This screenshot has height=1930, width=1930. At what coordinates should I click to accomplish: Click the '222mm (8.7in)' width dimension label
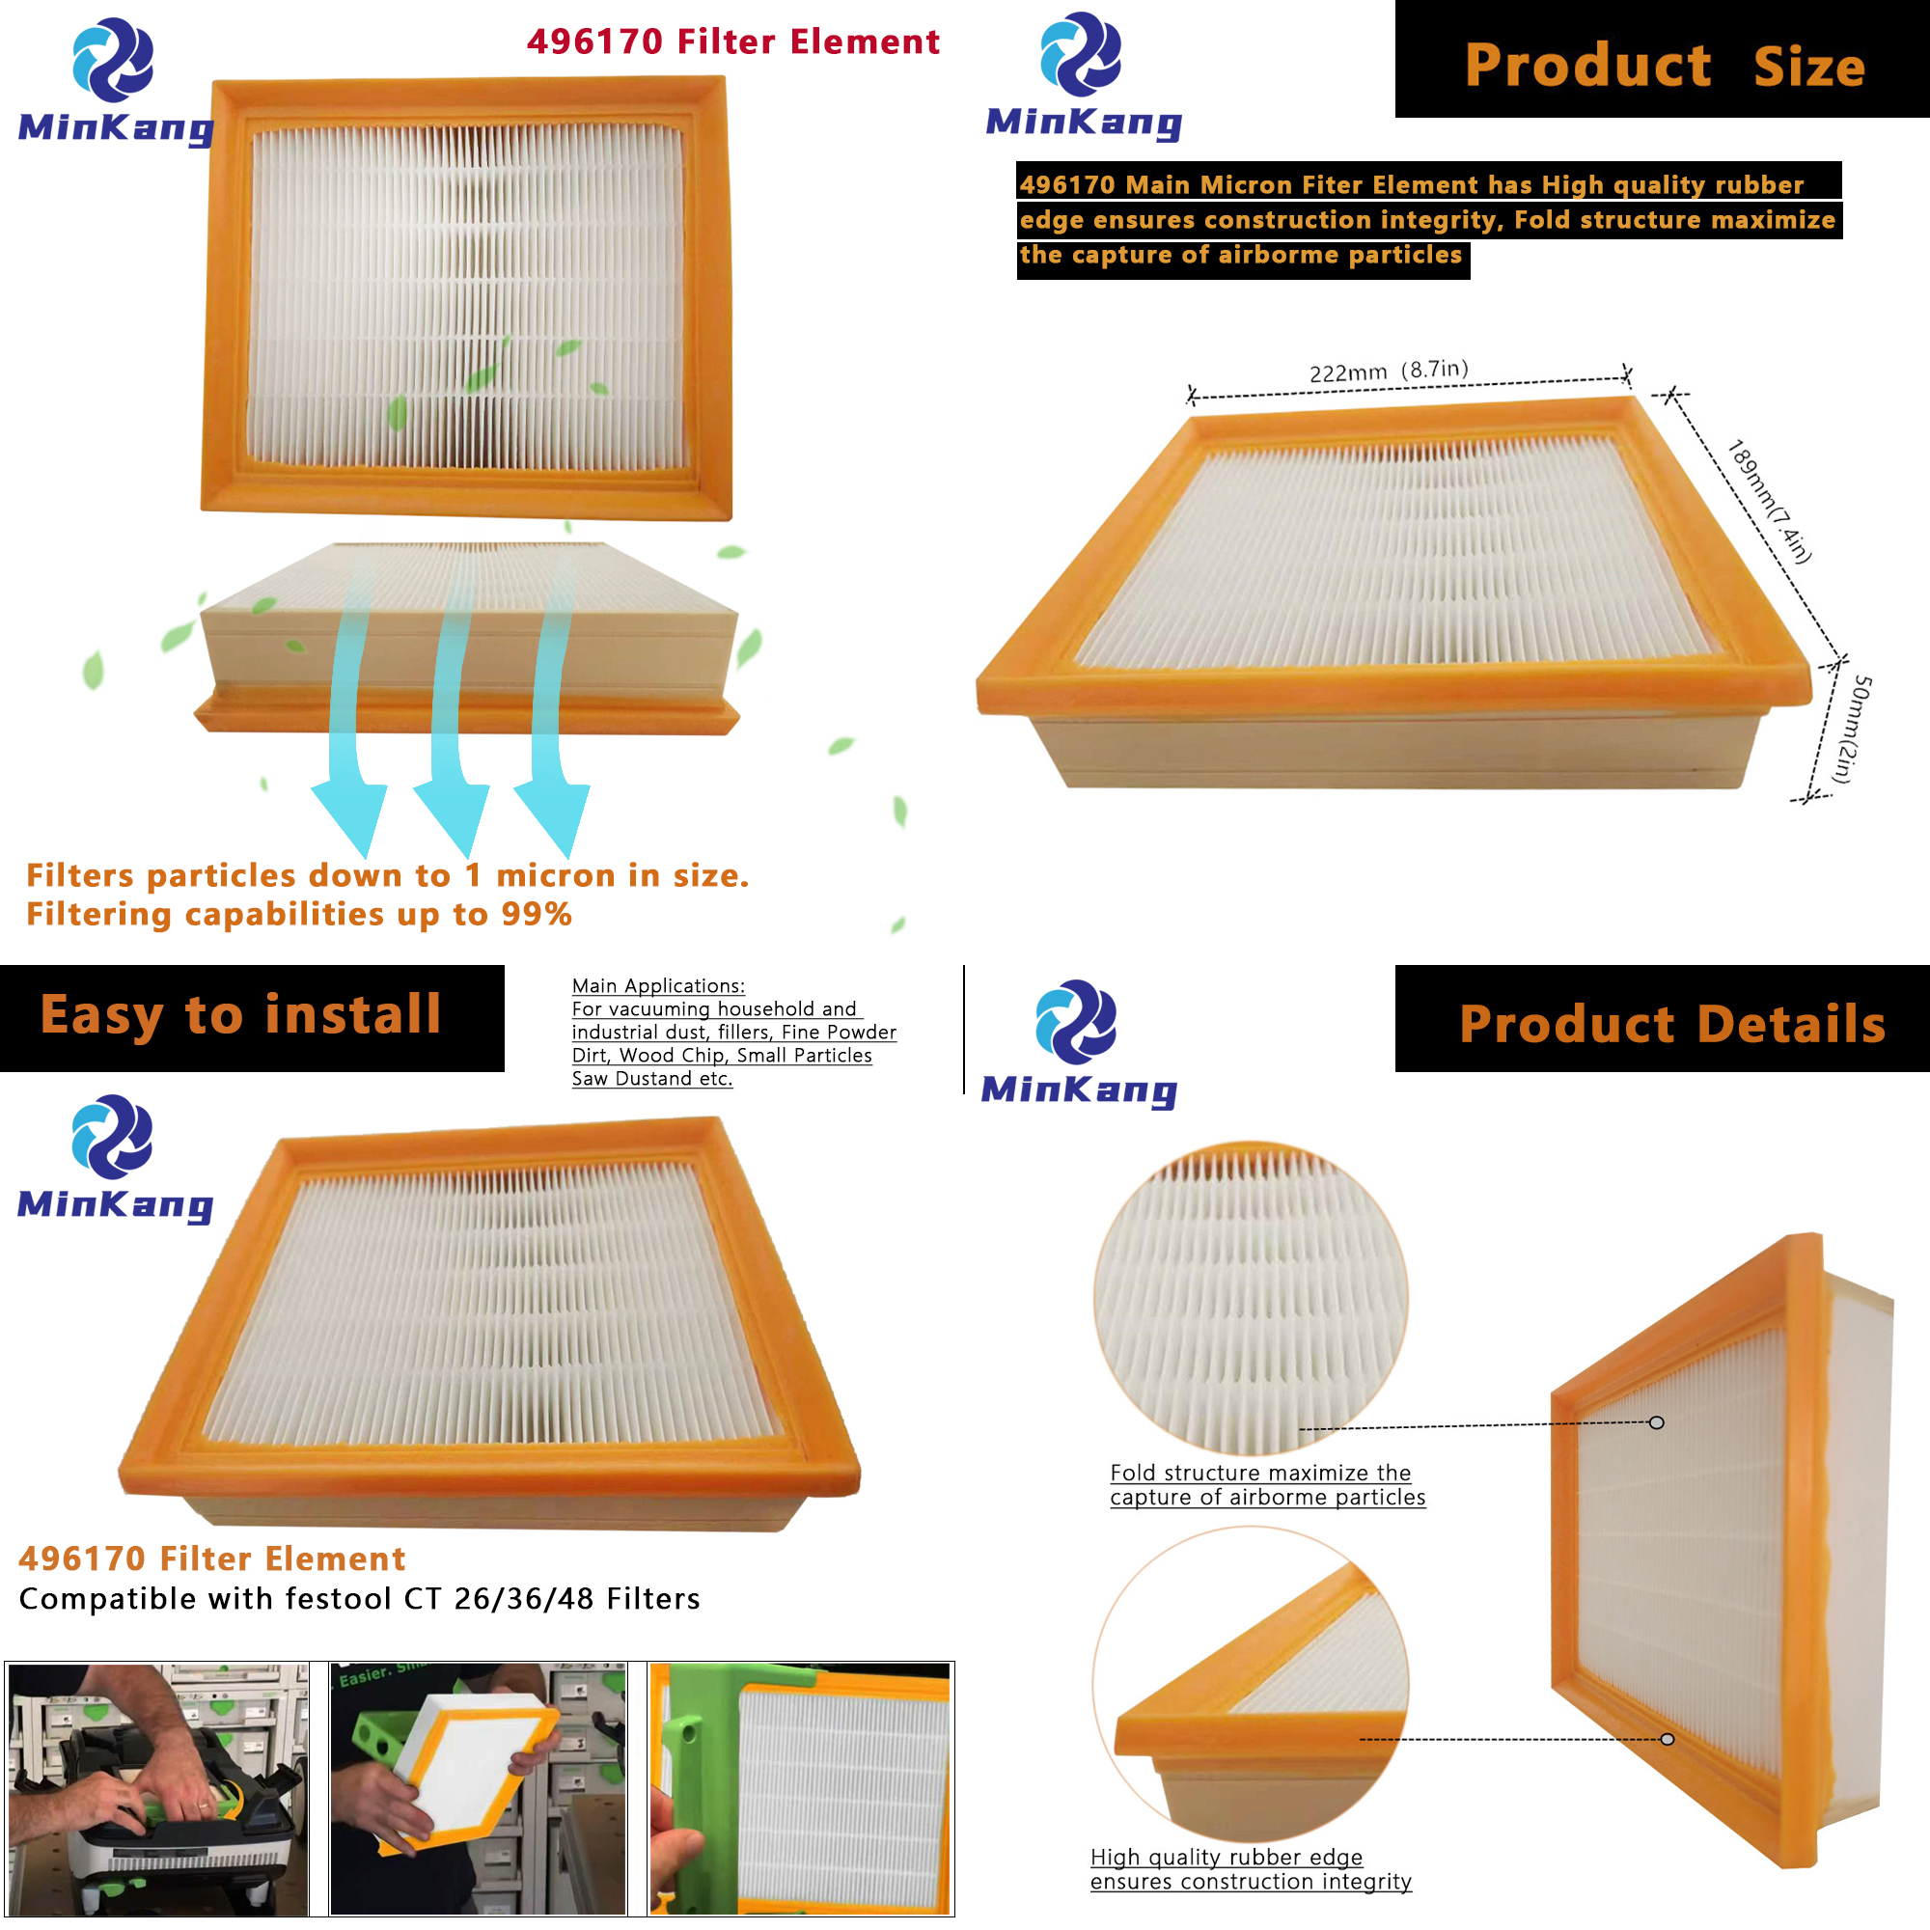[1389, 371]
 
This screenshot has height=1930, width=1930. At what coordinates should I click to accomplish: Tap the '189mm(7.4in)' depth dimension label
[1769, 502]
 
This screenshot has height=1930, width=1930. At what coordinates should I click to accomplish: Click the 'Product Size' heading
[1665, 65]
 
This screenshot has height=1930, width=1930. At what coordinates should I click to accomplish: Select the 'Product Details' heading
[1672, 1024]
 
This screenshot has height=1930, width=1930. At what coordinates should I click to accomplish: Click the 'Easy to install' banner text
[240, 1016]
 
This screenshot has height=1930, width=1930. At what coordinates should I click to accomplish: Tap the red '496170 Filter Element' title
[733, 41]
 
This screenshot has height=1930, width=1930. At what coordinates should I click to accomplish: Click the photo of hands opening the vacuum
[158, 1789]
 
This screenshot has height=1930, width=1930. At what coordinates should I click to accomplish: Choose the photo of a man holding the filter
[478, 1789]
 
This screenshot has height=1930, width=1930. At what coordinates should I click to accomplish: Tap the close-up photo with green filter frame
[800, 1789]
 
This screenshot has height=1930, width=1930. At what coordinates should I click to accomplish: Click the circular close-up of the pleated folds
[1251, 1299]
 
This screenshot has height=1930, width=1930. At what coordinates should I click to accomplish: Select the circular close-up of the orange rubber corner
[1251, 1683]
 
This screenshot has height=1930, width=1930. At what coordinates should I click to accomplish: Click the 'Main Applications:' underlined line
[658, 986]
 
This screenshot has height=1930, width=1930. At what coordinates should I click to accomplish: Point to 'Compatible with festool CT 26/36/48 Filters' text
[360, 1599]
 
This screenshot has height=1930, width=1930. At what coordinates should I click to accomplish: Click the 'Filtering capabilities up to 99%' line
[299, 914]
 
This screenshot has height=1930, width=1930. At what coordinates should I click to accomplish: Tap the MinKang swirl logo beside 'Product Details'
[1077, 1021]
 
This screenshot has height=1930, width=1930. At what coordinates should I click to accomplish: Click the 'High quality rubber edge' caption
[1227, 1857]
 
